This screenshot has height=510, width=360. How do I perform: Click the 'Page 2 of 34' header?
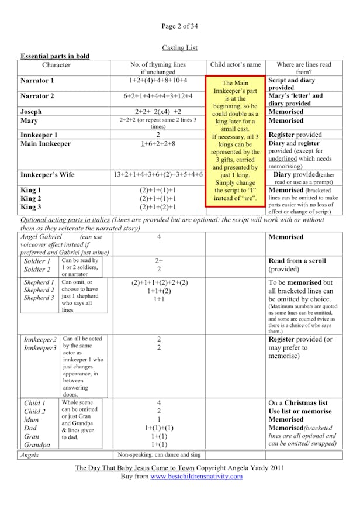pos(179,26)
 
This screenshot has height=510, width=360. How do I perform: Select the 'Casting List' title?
pos(179,47)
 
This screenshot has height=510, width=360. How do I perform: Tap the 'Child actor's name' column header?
pos(235,65)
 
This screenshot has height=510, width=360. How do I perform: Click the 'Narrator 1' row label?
pos(37,81)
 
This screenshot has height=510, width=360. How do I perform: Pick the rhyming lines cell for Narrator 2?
pos(158,96)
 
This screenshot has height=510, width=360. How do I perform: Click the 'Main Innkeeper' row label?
pos(46,143)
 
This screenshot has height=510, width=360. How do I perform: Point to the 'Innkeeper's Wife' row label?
pos(48,174)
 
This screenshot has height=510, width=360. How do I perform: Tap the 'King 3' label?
pos(31,207)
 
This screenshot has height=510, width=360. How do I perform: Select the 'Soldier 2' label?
pos(37,270)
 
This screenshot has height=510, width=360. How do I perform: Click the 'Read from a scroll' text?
pos(297,261)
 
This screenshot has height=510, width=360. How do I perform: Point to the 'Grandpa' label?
pos(36,444)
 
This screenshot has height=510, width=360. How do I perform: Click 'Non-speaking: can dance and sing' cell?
pos(158,454)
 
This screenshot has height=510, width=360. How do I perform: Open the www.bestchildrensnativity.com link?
pos(196,477)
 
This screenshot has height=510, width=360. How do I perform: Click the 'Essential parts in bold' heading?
pos(55,56)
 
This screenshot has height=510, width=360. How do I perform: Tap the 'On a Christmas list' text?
pos(298,403)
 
